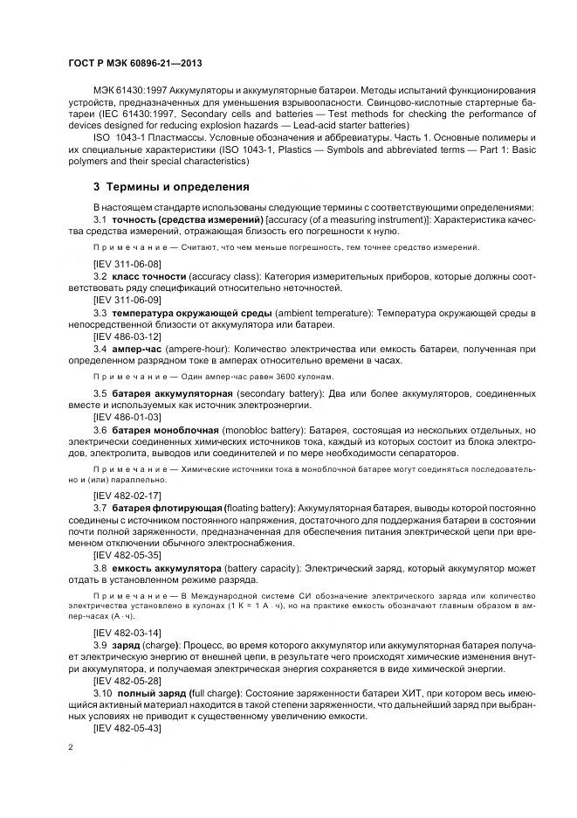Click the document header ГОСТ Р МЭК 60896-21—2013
tap(135, 64)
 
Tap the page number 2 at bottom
tap(70, 748)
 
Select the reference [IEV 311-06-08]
tap(127, 262)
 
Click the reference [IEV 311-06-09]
tap(127, 299)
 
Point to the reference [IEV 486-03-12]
tap(127, 336)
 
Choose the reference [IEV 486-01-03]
tap(127, 418)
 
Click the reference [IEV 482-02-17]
tap(127, 494)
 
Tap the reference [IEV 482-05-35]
tap(127, 553)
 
